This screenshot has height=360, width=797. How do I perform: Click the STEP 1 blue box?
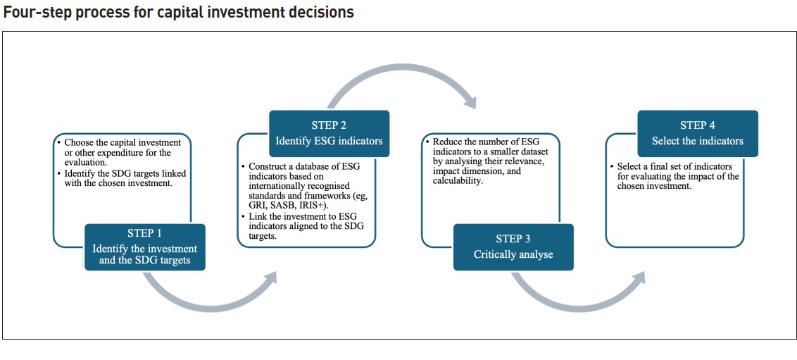pyautogui.click(x=145, y=247)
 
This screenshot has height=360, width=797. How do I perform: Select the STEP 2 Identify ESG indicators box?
pyautogui.click(x=329, y=133)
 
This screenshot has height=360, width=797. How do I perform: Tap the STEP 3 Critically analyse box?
pyautogui.click(x=513, y=247)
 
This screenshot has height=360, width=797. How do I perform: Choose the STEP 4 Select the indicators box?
pyautogui.click(x=697, y=133)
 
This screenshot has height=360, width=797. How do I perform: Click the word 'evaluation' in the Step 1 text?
pyautogui.click(x=84, y=162)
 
